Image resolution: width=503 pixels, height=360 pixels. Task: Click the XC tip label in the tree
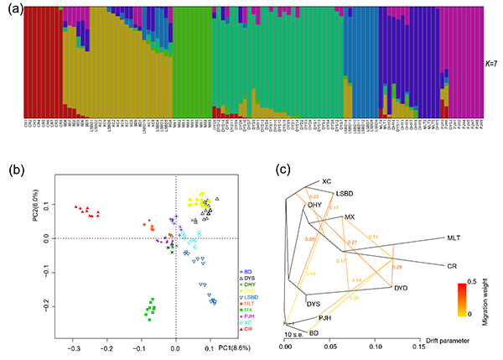(327, 181)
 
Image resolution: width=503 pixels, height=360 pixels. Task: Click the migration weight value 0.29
(311, 240)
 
